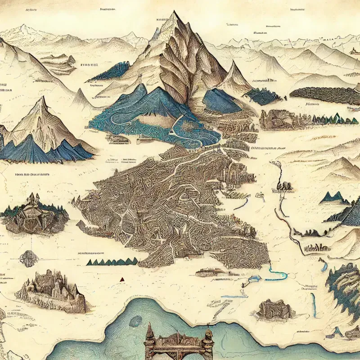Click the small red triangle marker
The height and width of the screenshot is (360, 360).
121,279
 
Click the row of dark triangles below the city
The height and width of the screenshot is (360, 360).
112,261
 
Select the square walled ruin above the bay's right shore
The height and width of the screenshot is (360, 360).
273,309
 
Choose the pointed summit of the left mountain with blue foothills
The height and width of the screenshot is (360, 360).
43,99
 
